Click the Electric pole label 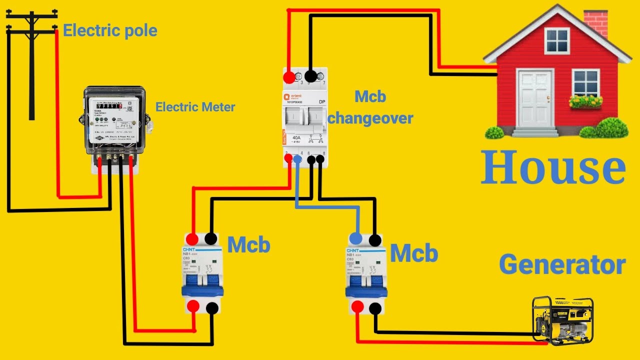click(x=110, y=31)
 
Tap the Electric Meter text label click(x=195, y=106)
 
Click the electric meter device click(x=114, y=125)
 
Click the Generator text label click(x=562, y=264)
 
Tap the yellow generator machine click(x=562, y=320)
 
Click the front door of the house click(x=534, y=98)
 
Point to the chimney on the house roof click(x=596, y=22)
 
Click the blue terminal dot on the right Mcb click(x=355, y=238)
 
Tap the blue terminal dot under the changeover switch click(x=297, y=159)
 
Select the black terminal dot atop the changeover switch click(x=310, y=76)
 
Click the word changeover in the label click(x=370, y=118)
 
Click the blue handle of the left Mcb click(x=202, y=291)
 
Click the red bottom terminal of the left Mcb click(x=193, y=306)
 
